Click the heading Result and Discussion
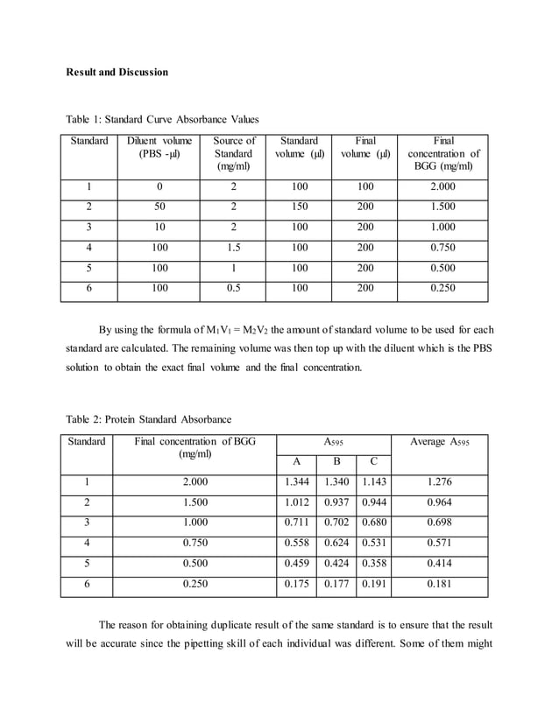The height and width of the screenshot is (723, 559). [x=117, y=72]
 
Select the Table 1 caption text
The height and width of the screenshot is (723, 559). [x=162, y=119]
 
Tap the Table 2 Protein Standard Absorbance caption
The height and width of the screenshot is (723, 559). [x=150, y=418]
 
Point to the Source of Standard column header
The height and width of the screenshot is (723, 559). [x=234, y=153]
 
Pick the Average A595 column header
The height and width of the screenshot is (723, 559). [x=439, y=442]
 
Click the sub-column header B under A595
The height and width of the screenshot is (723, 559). [x=336, y=461]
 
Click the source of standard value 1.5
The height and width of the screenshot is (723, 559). [x=234, y=247]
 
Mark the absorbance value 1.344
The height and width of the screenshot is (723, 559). [x=297, y=482]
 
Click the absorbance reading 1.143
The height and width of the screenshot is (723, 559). [x=373, y=482]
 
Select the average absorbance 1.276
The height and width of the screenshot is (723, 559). [x=439, y=482]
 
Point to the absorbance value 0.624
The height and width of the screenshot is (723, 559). [x=336, y=543]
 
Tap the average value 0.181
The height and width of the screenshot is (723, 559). [x=439, y=584]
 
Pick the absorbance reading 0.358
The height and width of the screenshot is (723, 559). [x=373, y=563]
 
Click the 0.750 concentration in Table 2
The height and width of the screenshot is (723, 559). [x=195, y=543]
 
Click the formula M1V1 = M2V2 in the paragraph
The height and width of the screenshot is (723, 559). [x=233, y=330]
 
